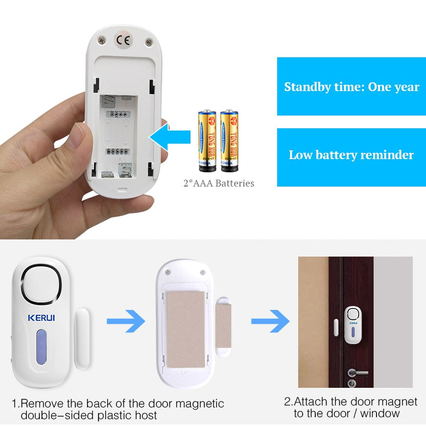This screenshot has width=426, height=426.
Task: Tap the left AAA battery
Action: pyautogui.click(x=207, y=141)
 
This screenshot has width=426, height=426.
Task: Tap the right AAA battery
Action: pyautogui.click(x=229, y=141)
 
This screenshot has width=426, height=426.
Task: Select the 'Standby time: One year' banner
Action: pyautogui.click(x=351, y=87)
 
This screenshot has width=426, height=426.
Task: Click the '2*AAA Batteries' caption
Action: pyautogui.click(x=218, y=184)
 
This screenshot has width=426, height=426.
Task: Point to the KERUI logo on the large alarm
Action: pyautogui.click(x=41, y=318)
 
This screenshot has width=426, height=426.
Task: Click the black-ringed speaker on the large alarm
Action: pyautogui.click(x=41, y=284)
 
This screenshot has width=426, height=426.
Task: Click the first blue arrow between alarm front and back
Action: pyautogui.click(x=126, y=322)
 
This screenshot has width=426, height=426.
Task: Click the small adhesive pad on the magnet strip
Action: pyautogui.click(x=224, y=327)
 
